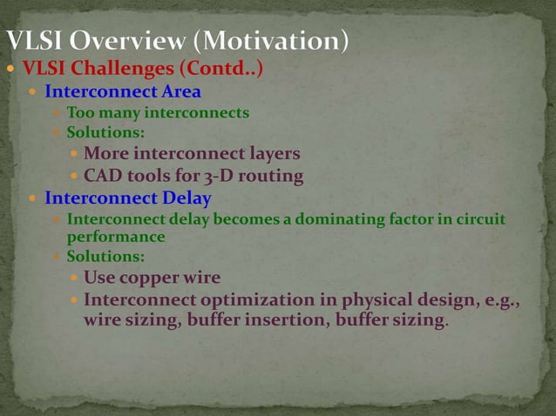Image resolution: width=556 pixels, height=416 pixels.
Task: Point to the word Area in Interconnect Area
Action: click(x=180, y=91)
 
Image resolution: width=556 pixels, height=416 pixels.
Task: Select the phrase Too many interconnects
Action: click(x=158, y=112)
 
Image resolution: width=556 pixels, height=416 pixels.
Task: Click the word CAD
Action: click(x=102, y=177)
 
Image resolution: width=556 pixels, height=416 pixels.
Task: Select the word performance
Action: click(x=116, y=236)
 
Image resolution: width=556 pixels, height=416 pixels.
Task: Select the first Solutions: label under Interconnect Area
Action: click(x=105, y=133)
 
